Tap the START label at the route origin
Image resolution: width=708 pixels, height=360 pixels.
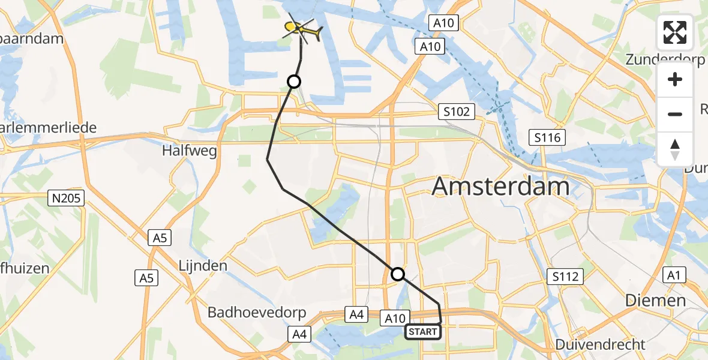coord(423,332)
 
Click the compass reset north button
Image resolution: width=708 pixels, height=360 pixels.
coord(675,149)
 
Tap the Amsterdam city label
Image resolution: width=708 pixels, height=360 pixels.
coord(501,187)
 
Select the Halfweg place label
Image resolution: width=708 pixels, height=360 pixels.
coord(189,151)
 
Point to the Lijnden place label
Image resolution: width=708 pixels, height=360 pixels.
coord(203,265)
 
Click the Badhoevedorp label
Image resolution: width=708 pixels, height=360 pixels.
coord(257,313)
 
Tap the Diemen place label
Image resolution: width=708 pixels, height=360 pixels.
coord(655,300)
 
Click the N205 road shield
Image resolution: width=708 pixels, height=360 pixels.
coord(67,197)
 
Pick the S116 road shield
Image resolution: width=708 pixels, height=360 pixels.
coord(547,138)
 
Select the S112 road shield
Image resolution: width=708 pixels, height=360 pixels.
coord(565,277)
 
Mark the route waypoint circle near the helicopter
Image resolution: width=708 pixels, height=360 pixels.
coord(293,82)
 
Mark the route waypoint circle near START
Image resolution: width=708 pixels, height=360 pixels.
coord(398,275)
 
